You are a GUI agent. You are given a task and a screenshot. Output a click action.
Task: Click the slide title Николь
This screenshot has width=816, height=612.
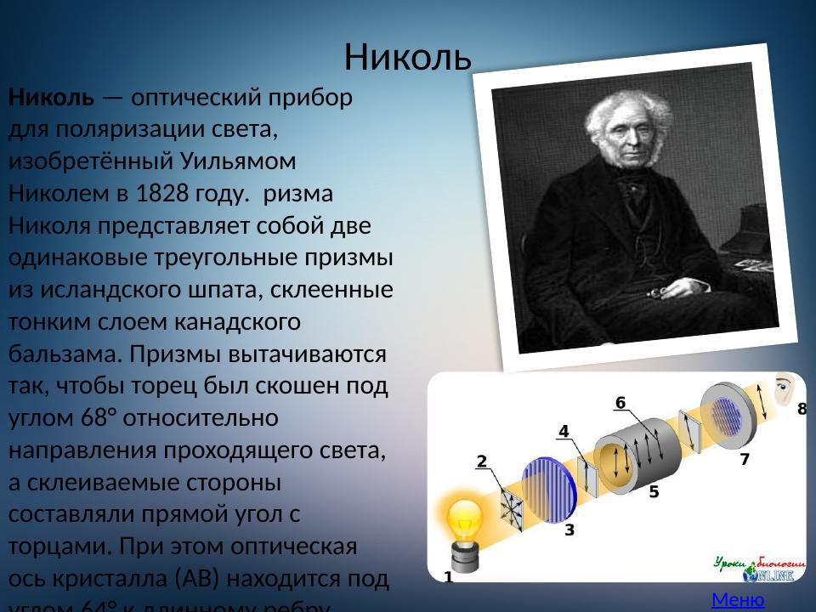pos(407,57)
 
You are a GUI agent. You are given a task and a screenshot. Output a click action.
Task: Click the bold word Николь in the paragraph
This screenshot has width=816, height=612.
pos(51,97)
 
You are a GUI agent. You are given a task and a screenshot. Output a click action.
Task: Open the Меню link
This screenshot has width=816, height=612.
pos(738,600)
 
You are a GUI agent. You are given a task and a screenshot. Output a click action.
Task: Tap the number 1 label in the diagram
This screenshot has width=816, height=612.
pos(449,577)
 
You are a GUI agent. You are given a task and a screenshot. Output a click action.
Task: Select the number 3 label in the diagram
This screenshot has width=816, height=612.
pos(569,530)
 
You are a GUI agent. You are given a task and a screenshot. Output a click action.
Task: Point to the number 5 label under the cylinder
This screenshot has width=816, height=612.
pos(654,491)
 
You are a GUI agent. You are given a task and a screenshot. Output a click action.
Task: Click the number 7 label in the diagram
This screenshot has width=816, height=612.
pos(745,460)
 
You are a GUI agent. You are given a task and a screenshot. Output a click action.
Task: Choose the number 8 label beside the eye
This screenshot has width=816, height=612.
pos(802,410)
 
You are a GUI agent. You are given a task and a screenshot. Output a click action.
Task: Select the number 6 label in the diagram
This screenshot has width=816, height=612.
pos(620,402)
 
